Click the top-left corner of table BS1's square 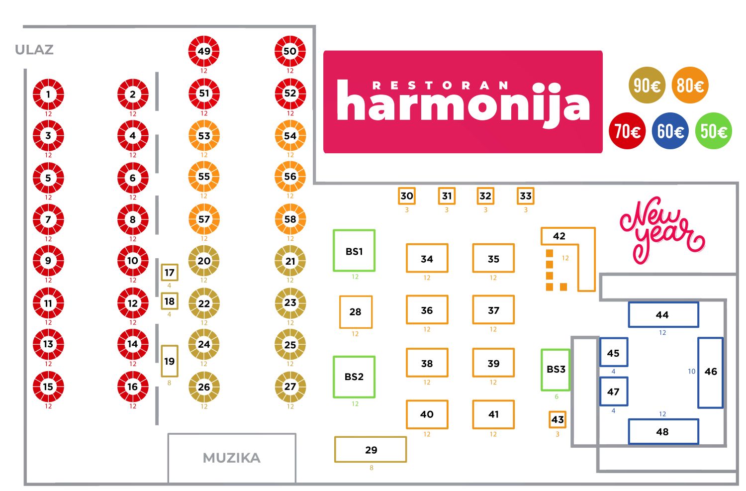point(334,230)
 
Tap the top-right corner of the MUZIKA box point(296,434)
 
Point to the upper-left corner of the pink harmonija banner point(324,51)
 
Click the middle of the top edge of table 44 point(663,302)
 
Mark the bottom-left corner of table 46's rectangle point(698,408)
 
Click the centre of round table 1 point(48,94)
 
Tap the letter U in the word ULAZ point(20,50)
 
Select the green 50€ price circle point(713,131)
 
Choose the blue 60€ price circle point(670,131)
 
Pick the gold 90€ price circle point(647,85)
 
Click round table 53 point(204,136)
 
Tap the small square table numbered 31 point(447,196)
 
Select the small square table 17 point(170,273)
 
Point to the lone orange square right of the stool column point(563,287)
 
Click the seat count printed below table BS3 point(556,396)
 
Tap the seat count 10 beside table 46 point(691,371)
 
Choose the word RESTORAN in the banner point(440,86)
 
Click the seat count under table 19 point(169,383)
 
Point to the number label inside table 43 point(558,419)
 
